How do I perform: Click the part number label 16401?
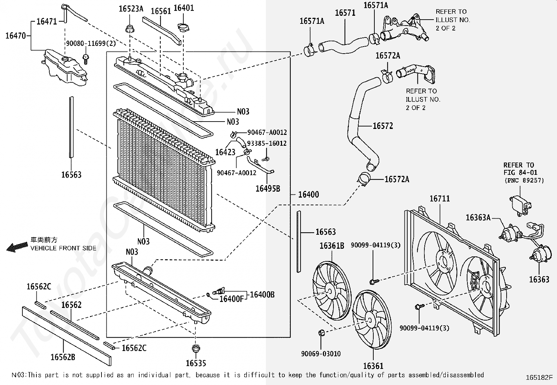pyautogui.click(x=183, y=8)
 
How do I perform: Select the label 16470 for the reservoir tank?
pyautogui.click(x=15, y=35)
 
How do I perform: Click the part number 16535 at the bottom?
pyautogui.click(x=196, y=363)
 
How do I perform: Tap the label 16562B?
pyautogui.click(x=63, y=357)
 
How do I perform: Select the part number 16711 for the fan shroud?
pyautogui.click(x=439, y=199)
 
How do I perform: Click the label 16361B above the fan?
pyautogui.click(x=332, y=246)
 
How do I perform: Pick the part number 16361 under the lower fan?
pyautogui.click(x=373, y=366)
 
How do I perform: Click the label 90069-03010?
pyautogui.click(x=321, y=354)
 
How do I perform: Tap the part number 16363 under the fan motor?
pyautogui.click(x=539, y=279)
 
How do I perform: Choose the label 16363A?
pyautogui.click(x=478, y=218)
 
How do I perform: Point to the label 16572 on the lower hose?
pyautogui.click(x=383, y=126)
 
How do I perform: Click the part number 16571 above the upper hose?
pyautogui.click(x=345, y=13)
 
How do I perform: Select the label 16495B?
pyautogui.click(x=268, y=188)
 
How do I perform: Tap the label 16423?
pyautogui.click(x=225, y=152)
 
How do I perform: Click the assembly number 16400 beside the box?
pyautogui.click(x=308, y=194)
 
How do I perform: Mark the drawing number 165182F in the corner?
pyautogui.click(x=539, y=378)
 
